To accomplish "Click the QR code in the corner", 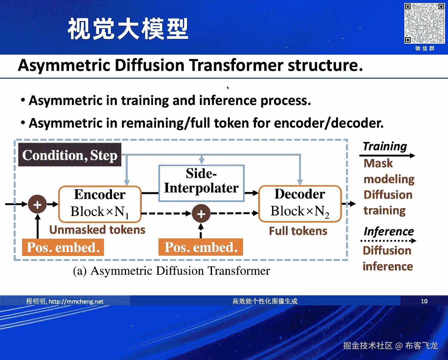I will pos(424,23).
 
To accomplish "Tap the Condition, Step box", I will pos(70,155).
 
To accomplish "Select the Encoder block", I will pos(100,204).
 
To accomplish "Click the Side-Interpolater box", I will pos(201,183).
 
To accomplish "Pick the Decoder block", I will pos(300,204).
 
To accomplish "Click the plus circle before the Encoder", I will pos(37,204).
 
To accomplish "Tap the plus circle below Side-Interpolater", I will pos(201,213).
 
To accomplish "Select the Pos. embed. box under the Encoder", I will pos(63,248).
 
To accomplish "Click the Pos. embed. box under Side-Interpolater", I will pos(201,247).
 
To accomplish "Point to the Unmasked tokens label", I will pos(97,230).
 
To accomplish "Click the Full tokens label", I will pos(298,231).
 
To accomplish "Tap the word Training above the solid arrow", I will pos(385,146).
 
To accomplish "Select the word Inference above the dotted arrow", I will pos(389,231).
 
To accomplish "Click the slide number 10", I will pos(424,301).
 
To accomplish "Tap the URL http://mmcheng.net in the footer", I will pos(76,302).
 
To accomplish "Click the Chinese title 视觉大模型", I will pos(128,29).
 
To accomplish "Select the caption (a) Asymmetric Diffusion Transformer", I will pos(171,271).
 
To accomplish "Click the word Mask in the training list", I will pos(378,163).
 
